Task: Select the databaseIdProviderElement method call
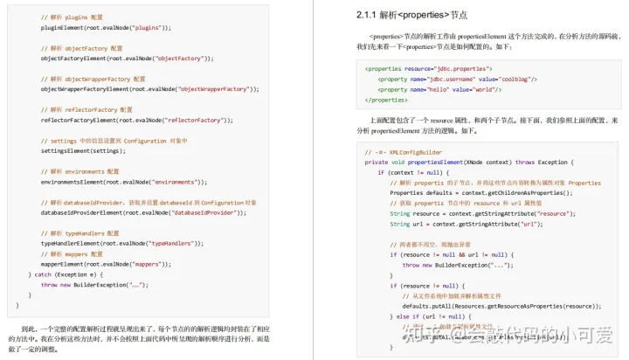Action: pos(85,212)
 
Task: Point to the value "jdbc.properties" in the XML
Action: pos(457,68)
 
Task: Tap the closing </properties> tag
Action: pos(389,100)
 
